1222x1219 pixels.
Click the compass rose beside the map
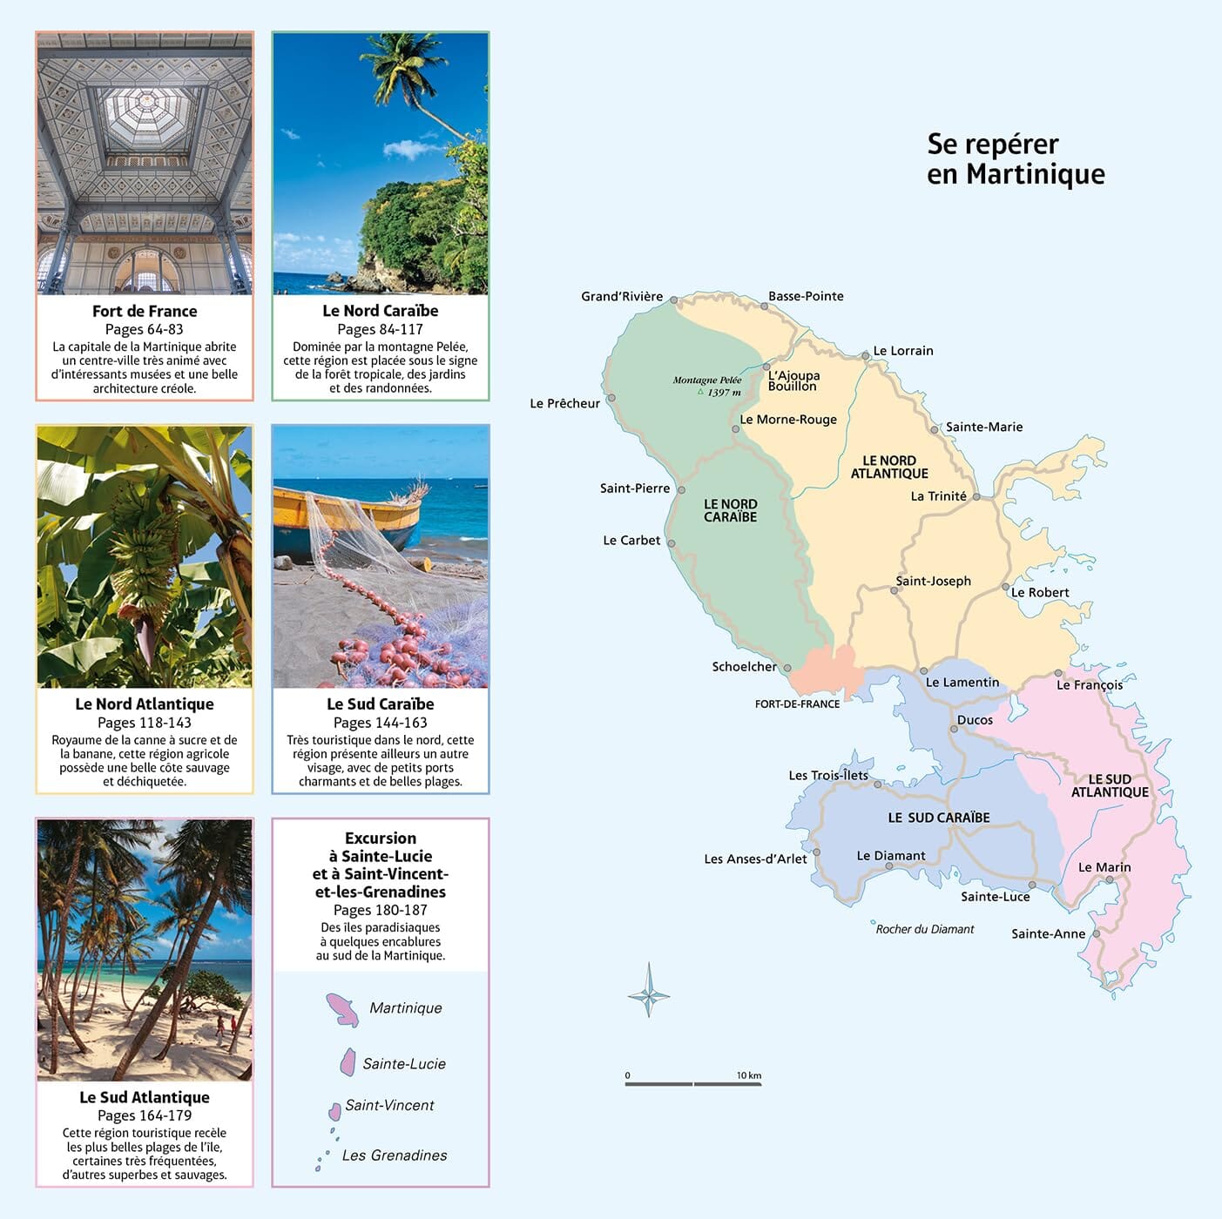(x=649, y=991)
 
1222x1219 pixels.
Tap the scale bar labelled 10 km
(x=693, y=1083)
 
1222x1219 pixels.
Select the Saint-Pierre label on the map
(x=634, y=488)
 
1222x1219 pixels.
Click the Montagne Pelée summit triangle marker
(x=699, y=392)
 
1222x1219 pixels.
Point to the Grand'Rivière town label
(x=622, y=297)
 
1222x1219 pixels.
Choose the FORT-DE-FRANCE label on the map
(x=797, y=704)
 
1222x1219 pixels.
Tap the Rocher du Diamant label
(x=924, y=929)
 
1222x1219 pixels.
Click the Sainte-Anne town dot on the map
(x=1097, y=933)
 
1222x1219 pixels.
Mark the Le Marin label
(x=1104, y=867)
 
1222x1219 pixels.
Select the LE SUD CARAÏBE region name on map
(x=938, y=818)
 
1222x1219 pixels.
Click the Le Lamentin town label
(x=962, y=683)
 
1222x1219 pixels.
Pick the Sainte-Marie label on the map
(x=984, y=427)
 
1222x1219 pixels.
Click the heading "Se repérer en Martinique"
(x=1015, y=158)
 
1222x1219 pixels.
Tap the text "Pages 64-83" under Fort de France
(x=145, y=329)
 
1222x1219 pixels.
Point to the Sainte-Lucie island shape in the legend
(x=348, y=1062)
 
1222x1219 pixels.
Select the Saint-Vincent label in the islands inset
(x=389, y=1105)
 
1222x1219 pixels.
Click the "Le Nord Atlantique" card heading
(x=145, y=704)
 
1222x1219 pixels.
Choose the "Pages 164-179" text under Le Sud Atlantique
(x=145, y=1115)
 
